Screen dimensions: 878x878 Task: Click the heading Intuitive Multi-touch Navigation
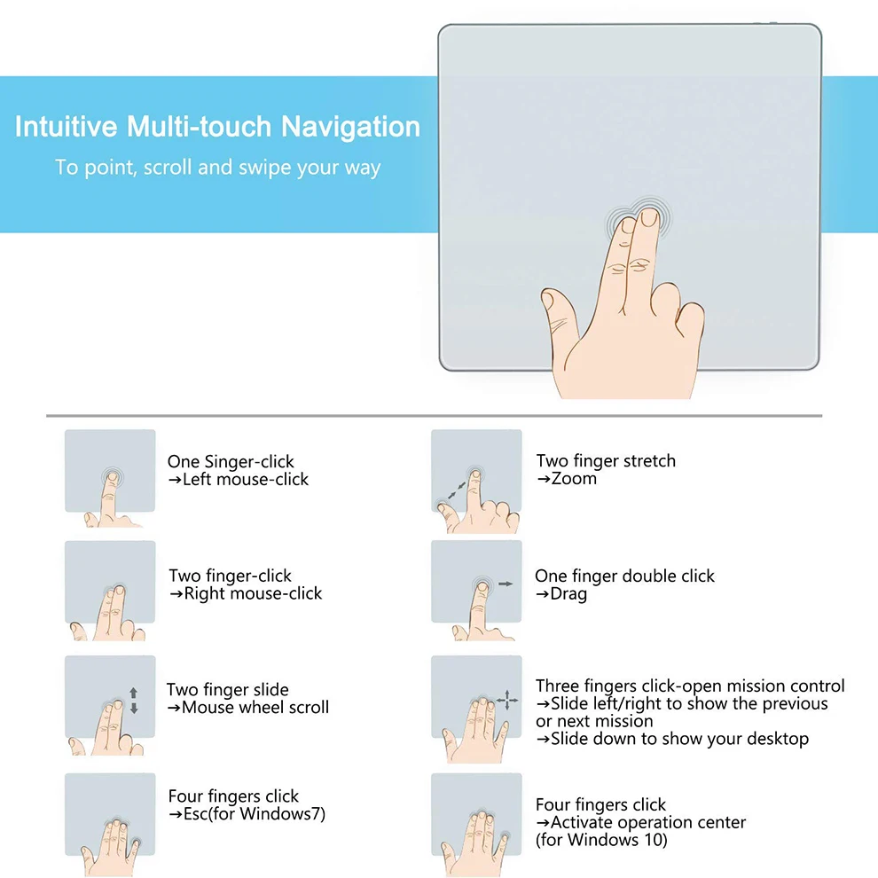[217, 127]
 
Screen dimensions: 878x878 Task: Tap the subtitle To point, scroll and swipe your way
[217, 168]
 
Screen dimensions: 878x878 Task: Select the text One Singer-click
[231, 461]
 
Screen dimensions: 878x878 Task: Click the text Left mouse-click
[239, 480]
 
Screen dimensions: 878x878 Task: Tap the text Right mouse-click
[246, 594]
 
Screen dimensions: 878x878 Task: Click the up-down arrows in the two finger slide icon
[134, 701]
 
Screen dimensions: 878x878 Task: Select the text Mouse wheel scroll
[247, 708]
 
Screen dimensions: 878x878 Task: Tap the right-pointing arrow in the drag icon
[506, 584]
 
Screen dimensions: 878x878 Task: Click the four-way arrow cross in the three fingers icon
[508, 701]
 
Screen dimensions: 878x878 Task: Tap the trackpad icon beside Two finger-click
[110, 582]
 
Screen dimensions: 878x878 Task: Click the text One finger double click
[624, 576]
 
